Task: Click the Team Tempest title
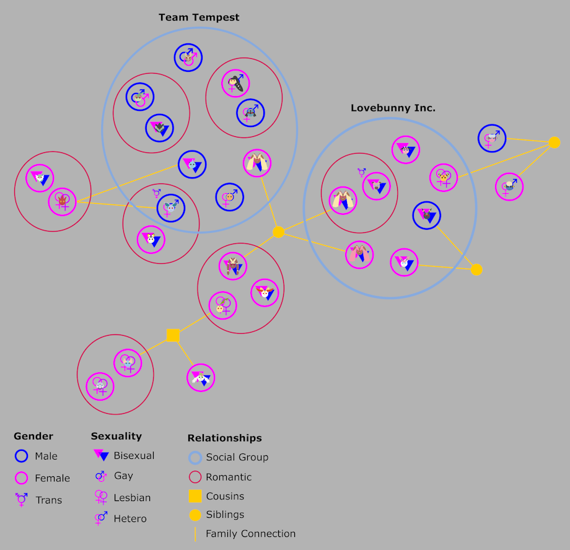click(x=199, y=17)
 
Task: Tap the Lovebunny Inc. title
click(x=393, y=108)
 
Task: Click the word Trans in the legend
click(x=49, y=500)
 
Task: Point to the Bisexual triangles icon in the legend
click(x=101, y=455)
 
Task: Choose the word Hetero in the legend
click(x=130, y=519)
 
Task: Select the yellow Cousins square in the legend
click(x=195, y=496)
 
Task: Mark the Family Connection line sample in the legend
click(x=195, y=535)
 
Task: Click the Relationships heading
click(x=225, y=438)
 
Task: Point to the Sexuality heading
click(x=116, y=436)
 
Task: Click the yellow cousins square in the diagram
click(x=173, y=335)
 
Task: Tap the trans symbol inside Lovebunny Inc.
click(x=362, y=172)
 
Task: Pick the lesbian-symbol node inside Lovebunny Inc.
click(x=444, y=178)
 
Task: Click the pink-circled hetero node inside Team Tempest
click(x=235, y=83)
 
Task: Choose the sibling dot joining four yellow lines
click(x=278, y=232)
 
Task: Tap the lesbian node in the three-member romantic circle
click(x=223, y=306)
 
